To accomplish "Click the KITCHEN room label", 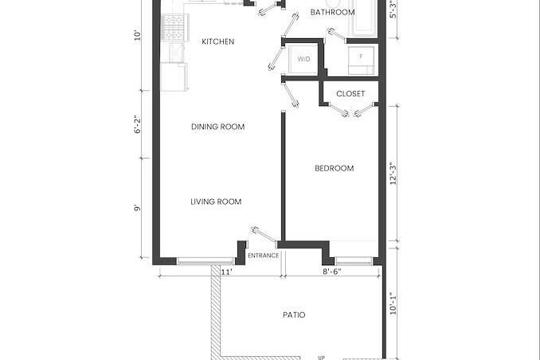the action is pos(217,41).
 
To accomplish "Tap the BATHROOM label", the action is pos(332,13).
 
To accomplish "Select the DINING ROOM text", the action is pos(217,127).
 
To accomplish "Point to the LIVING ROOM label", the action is pos(216,202).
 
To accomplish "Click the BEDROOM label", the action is pos(334,168).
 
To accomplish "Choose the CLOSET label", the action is pos(350,94).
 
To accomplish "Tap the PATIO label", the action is pos(294,315).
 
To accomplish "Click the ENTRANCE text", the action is pos(263,256).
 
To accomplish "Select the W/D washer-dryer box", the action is pos(303,59).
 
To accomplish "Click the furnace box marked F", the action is pos(361,61).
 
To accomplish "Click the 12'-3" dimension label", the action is pos(393,174).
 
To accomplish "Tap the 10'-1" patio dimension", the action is pos(393,303).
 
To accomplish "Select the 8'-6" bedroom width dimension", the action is pos(331,272).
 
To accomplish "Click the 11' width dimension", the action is pos(227,272).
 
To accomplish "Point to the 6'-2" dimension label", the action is pos(138,124).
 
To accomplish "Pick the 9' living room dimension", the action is pos(138,208).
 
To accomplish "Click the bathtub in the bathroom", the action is pos(365,18).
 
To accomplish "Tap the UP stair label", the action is pos(321,358).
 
